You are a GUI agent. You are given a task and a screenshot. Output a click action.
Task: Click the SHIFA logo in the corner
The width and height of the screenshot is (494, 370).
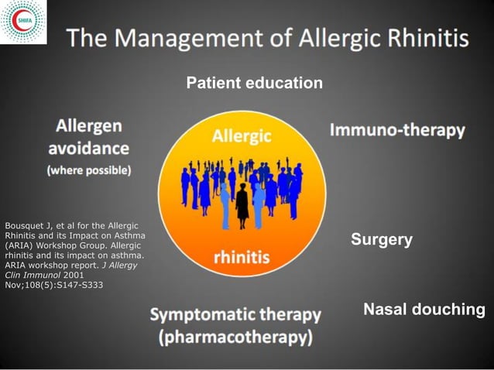(x=22, y=22)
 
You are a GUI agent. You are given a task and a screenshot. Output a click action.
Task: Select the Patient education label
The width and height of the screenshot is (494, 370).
(x=254, y=83)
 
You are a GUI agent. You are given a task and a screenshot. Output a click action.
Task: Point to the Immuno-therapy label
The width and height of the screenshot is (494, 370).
(x=397, y=130)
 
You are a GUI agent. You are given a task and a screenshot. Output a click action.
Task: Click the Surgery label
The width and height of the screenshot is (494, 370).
(x=381, y=240)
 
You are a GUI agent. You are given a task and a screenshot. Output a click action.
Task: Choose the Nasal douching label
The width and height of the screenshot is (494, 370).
(x=424, y=310)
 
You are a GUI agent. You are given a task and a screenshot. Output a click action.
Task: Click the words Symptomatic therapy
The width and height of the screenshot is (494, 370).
(x=235, y=315)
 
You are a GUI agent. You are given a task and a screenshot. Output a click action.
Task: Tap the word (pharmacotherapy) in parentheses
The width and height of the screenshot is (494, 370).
(x=235, y=338)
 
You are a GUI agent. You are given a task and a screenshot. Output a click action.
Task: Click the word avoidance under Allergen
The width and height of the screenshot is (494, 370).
(x=89, y=147)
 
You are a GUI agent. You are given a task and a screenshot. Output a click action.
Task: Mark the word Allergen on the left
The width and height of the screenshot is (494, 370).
(x=88, y=125)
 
